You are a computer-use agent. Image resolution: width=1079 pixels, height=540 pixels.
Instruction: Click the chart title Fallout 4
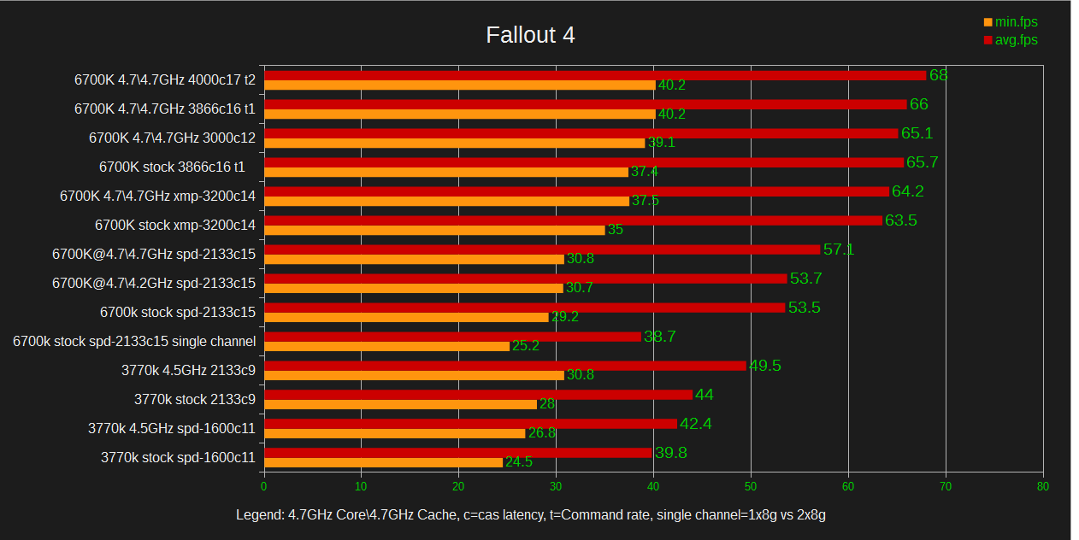[x=530, y=35]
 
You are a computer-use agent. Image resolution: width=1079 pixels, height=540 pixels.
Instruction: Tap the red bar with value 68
[x=595, y=75]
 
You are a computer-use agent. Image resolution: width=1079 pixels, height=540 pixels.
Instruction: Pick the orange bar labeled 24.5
[x=384, y=462]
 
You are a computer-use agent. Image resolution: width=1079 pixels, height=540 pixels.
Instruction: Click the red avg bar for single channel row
[x=452, y=337]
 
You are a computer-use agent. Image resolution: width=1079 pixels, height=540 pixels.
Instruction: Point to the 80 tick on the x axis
[x=1042, y=486]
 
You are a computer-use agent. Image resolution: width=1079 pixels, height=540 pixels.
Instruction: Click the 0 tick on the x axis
[x=263, y=486]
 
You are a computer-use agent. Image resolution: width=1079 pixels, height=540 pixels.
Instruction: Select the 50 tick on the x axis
[x=751, y=486]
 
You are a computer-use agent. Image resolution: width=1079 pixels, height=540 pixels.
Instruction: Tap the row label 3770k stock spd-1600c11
[x=178, y=457]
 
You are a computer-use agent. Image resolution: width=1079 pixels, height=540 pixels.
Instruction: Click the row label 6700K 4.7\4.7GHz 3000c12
[x=172, y=138]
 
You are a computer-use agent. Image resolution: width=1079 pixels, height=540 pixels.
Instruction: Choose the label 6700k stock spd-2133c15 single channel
[x=134, y=341]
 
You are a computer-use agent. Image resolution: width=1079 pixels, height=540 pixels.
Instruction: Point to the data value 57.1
[x=839, y=249]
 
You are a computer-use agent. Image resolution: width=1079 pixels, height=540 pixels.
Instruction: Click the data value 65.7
[x=922, y=162]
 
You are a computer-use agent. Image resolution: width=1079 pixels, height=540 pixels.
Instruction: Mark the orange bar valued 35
[x=434, y=230]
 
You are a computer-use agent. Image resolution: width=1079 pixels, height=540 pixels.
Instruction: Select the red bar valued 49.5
[x=505, y=366]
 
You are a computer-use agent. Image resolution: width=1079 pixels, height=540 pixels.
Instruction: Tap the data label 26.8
[x=542, y=433]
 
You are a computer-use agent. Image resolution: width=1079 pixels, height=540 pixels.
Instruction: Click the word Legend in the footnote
[x=256, y=515]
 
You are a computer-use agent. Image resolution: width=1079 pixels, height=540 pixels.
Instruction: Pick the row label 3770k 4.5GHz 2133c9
[x=189, y=370]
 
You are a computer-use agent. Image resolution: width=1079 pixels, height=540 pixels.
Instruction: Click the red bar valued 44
[x=478, y=395]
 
